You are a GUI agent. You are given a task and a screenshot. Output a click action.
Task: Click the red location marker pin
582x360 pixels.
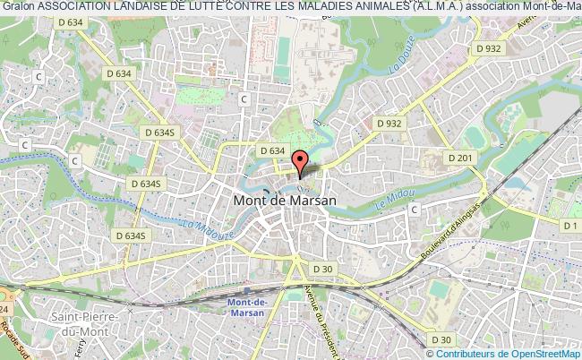pos(300,162)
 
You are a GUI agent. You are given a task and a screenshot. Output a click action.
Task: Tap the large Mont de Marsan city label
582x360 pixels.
pos(285,201)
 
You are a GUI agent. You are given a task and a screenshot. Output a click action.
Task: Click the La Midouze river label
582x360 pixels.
pos(205,227)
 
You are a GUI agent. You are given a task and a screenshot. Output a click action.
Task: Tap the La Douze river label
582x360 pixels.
pos(398,64)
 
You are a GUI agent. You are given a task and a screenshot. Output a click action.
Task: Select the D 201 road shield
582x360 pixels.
pos(462,159)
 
